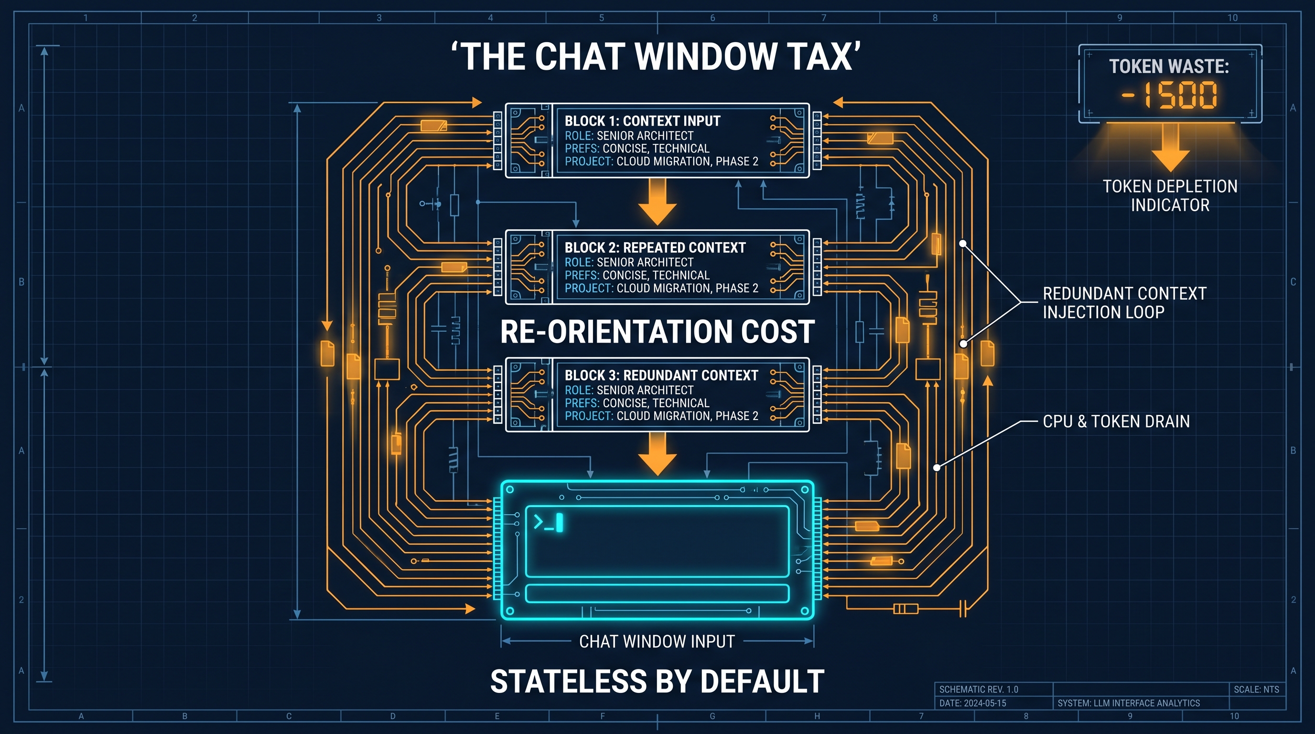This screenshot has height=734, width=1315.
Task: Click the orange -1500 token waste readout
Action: coord(1170,96)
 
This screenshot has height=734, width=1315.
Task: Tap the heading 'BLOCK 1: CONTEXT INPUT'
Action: coord(642,121)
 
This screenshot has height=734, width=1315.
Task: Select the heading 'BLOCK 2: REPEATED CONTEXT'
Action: coord(655,248)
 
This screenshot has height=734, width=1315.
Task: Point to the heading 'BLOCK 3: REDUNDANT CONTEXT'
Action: coord(661,375)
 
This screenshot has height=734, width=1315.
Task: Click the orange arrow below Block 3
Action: coord(657,454)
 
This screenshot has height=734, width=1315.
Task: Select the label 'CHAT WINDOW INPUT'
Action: coord(657,641)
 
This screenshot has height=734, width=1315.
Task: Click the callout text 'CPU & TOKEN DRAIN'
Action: coord(1116,421)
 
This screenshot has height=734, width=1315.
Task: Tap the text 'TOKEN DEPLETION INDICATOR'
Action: coord(1170,195)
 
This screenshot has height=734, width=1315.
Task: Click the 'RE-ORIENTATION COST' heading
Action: coord(657,332)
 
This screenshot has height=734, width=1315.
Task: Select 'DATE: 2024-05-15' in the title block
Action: coord(972,703)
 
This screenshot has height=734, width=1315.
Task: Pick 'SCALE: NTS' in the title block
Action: coord(1256,689)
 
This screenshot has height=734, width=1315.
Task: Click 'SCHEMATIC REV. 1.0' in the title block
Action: coord(979,689)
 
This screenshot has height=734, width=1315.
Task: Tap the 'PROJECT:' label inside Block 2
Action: coord(589,289)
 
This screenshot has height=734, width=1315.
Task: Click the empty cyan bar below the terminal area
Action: coord(657,593)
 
